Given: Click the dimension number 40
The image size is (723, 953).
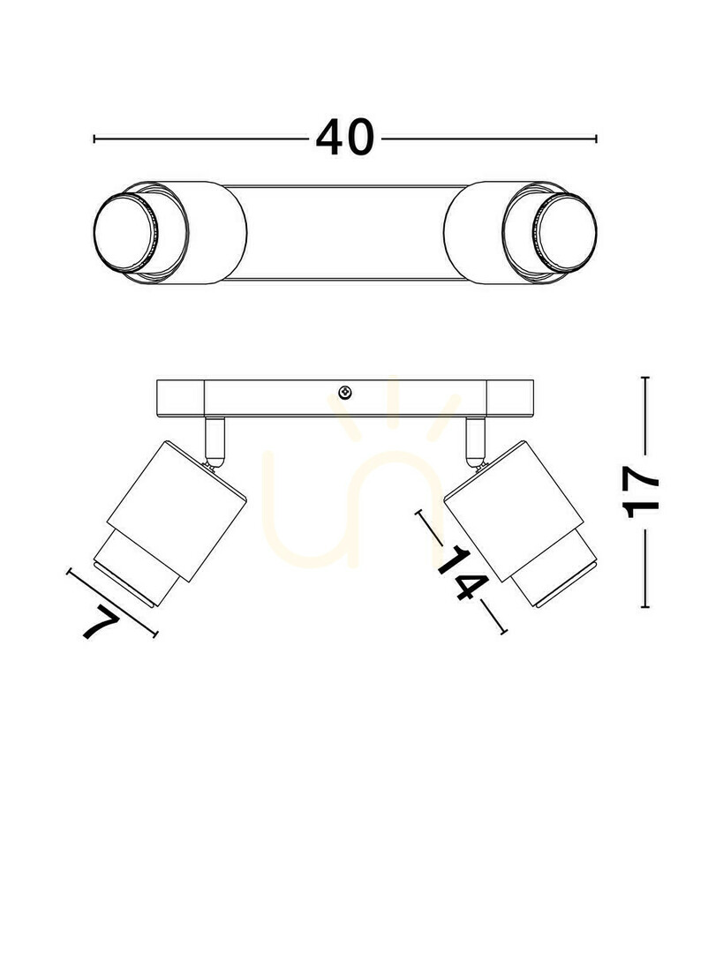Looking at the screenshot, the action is click(x=344, y=138).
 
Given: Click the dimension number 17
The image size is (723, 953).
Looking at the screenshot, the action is click(x=642, y=493).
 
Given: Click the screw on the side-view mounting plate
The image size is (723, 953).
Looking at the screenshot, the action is click(x=345, y=393).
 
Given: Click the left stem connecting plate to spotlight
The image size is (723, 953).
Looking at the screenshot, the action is click(x=215, y=440).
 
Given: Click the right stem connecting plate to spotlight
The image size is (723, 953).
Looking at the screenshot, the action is click(x=476, y=440).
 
